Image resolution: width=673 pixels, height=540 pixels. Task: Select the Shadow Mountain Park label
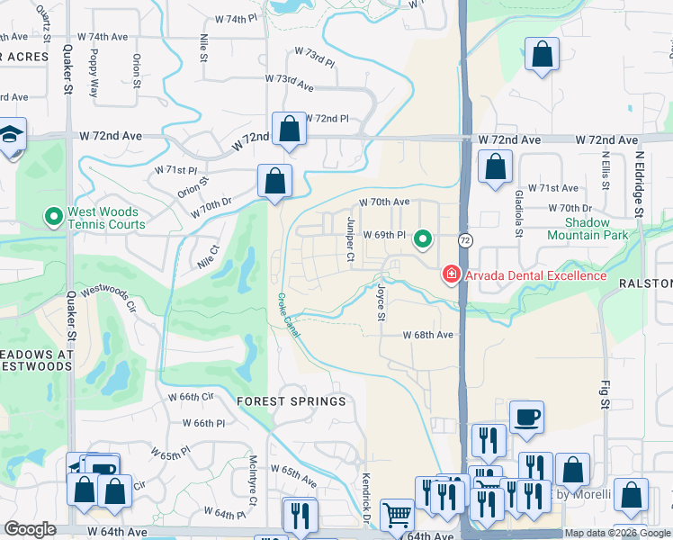pos(598,229)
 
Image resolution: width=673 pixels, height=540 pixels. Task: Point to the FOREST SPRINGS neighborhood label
pos(291,401)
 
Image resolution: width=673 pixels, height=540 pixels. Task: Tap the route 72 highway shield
pos(465,240)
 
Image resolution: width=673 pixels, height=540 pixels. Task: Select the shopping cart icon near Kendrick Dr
pos(396,515)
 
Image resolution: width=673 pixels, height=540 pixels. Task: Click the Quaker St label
pos(68,76)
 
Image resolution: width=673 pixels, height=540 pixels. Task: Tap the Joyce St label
pos(381,303)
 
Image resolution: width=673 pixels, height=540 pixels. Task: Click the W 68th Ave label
pos(427,335)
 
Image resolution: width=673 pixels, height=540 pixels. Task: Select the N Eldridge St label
pos(640,183)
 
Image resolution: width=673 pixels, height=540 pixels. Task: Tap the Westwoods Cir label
pos(107,299)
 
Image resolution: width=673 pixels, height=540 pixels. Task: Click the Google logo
pos(31,529)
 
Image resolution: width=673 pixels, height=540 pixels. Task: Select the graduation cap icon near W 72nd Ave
pos(11,135)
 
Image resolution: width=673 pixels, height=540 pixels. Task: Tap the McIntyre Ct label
pos(254,484)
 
